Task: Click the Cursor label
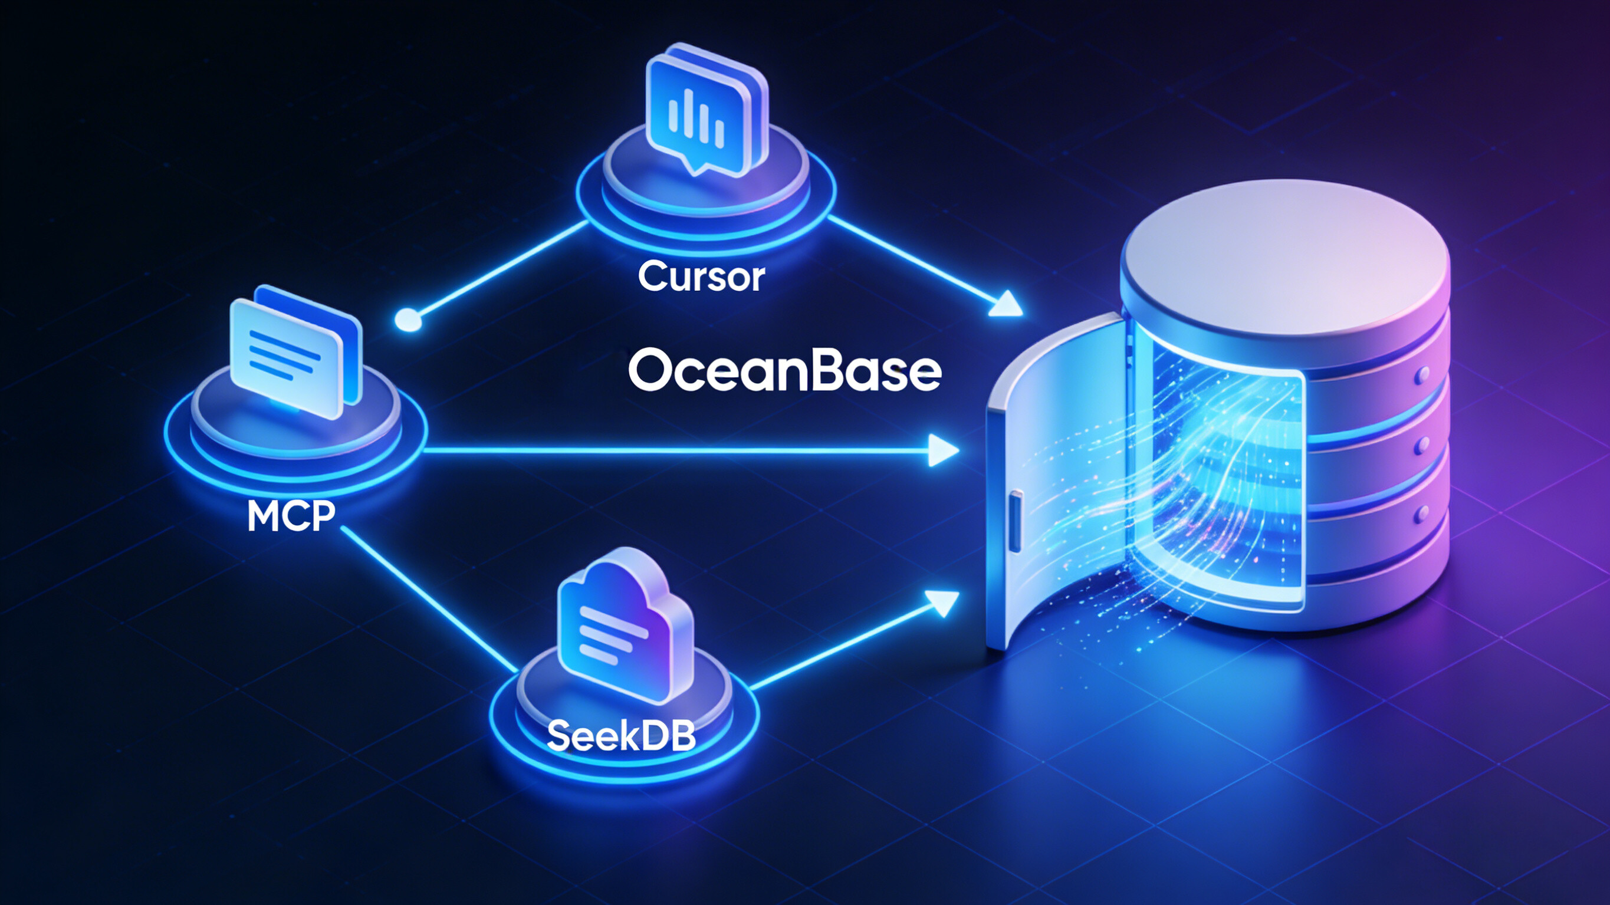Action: [x=701, y=277]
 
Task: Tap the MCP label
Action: [x=291, y=516]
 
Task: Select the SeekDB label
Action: [x=621, y=736]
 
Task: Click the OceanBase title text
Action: [x=784, y=371]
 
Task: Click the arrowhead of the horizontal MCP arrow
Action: [x=942, y=450]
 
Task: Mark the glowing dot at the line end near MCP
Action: [x=409, y=320]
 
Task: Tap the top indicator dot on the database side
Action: [x=1424, y=374]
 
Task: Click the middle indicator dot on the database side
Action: [x=1424, y=445]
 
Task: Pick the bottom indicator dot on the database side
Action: [x=1424, y=514]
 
